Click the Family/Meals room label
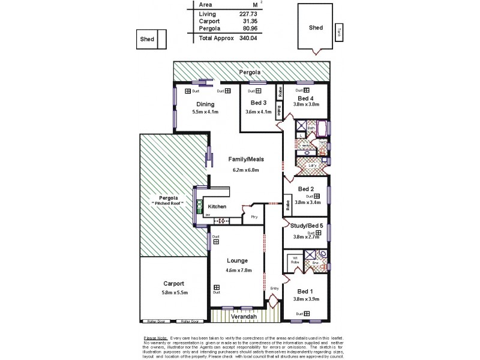tap(245, 160)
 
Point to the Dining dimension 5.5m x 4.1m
tap(205, 112)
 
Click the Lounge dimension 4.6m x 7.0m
tap(238, 270)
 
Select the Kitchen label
tap(217, 207)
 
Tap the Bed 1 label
tap(305, 292)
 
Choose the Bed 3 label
tap(259, 103)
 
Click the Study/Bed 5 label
tap(307, 226)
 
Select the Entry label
tap(274, 289)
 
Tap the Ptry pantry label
tap(254, 217)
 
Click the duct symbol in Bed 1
tap(307, 313)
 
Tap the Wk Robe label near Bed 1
tap(295, 260)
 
